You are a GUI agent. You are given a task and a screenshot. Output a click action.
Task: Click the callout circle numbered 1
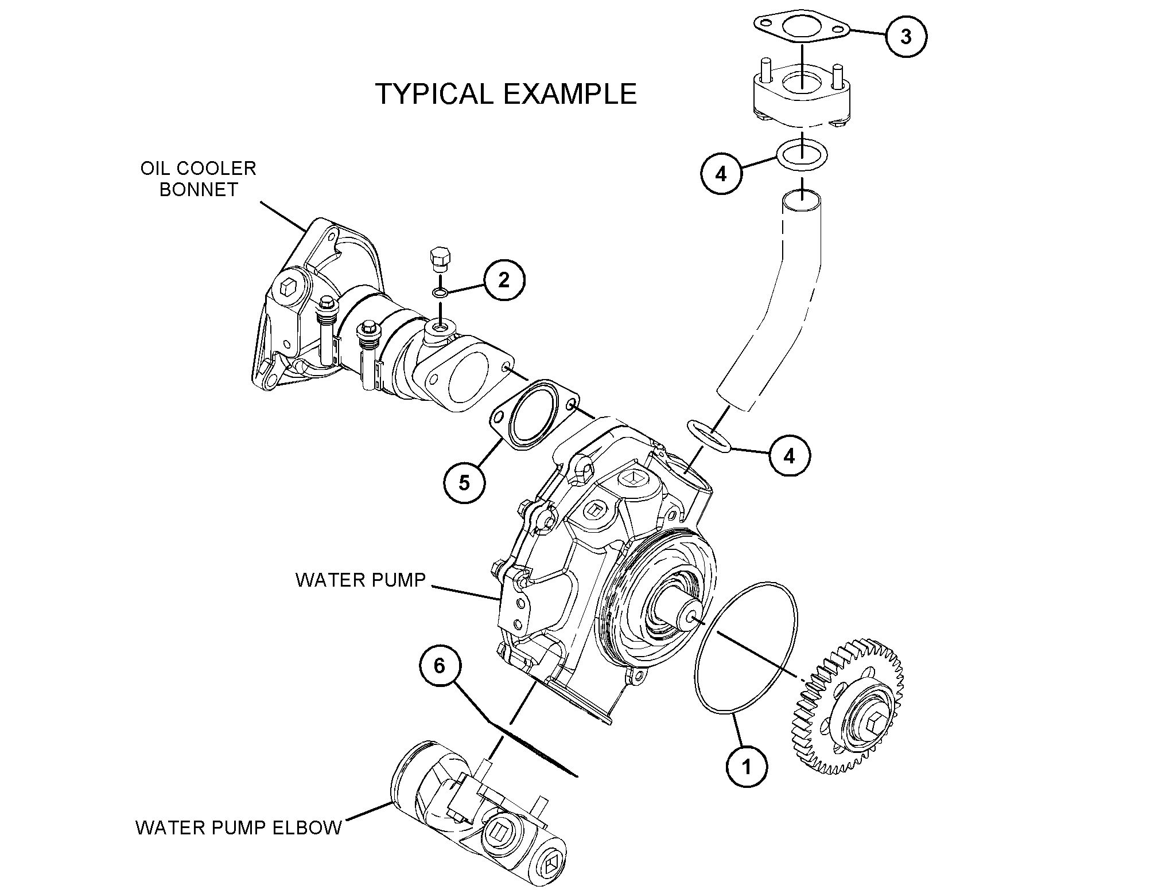point(747,766)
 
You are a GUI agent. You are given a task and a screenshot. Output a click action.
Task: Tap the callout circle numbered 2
point(503,280)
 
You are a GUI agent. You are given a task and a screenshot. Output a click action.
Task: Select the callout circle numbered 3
point(905,36)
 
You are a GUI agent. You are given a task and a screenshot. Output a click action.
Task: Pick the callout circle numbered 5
point(464,482)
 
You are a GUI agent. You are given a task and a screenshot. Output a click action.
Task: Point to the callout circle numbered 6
point(440,666)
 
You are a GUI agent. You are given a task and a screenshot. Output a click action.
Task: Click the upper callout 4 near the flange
point(721,173)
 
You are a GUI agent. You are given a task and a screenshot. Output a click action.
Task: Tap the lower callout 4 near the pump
point(790,456)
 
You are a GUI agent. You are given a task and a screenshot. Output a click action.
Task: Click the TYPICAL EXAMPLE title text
point(506,93)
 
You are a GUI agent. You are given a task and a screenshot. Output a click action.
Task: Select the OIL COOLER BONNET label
point(199,179)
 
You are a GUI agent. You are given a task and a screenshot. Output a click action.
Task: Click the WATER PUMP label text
point(361,580)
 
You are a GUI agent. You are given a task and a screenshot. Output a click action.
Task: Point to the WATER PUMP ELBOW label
point(239,828)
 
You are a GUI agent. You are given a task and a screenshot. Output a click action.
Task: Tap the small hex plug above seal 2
point(440,261)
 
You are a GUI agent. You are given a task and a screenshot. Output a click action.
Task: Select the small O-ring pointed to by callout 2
point(440,293)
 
